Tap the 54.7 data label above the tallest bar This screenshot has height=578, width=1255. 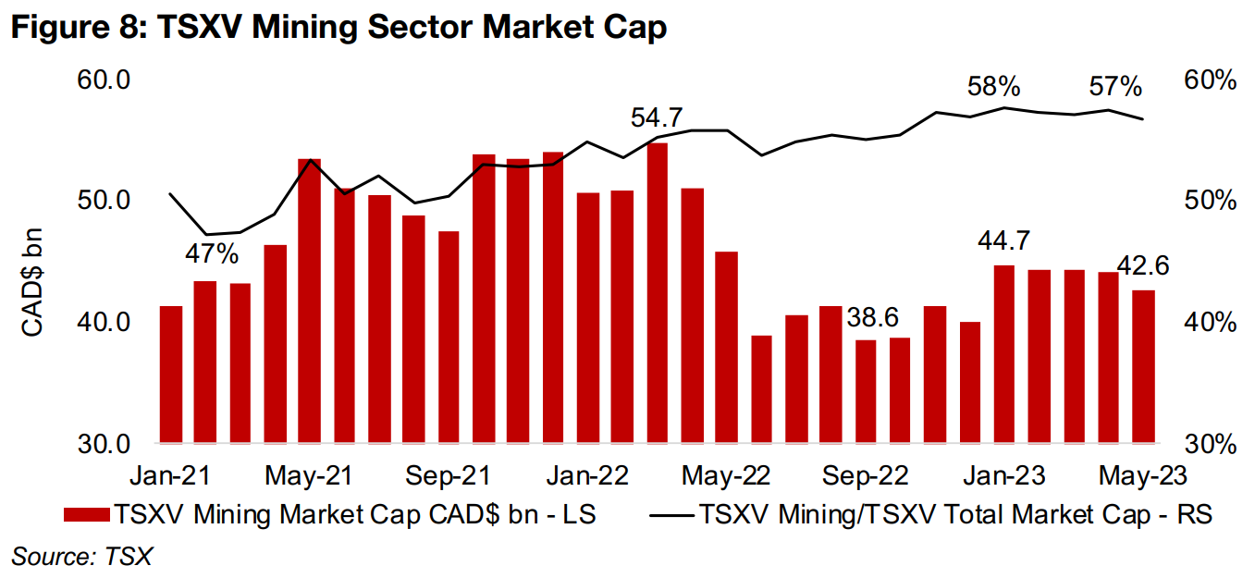coord(657,118)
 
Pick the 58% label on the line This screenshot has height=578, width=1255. coord(993,88)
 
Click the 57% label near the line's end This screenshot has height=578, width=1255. coord(1115,88)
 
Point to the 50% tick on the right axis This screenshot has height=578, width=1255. coord(1209,202)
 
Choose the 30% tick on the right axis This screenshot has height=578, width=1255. coord(1209,444)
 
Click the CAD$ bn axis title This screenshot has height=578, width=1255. coord(33,286)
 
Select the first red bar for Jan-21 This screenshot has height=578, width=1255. coord(171,374)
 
